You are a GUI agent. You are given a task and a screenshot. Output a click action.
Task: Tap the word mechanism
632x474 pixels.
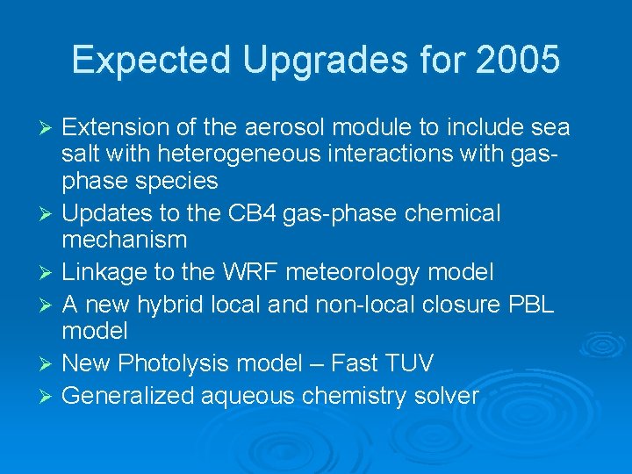pos(124,239)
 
